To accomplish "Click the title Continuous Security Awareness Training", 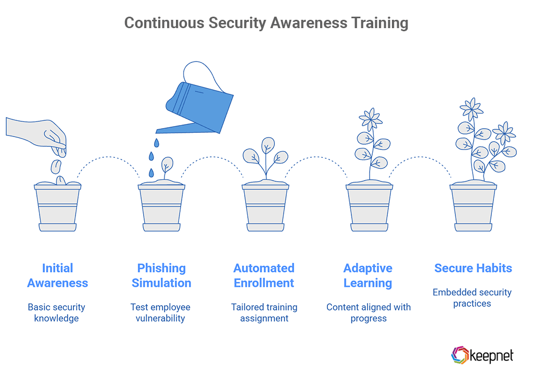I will click(266, 23).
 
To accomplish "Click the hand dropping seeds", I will click(40, 133).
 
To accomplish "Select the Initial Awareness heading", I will click(57, 276).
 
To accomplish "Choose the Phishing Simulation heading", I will click(161, 276).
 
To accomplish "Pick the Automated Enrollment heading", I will click(264, 276).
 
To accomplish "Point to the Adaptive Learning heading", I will click(368, 276).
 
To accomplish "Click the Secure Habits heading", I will click(473, 268).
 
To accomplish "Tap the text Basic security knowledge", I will click(56, 313).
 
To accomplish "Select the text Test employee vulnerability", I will click(160, 313).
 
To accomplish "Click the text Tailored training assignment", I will click(264, 313).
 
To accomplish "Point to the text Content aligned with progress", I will click(369, 313).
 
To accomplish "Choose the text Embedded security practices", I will click(472, 297).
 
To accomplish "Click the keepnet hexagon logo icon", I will click(459, 355).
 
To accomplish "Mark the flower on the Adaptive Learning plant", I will click(371, 120).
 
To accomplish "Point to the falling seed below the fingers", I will click(56, 167).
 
